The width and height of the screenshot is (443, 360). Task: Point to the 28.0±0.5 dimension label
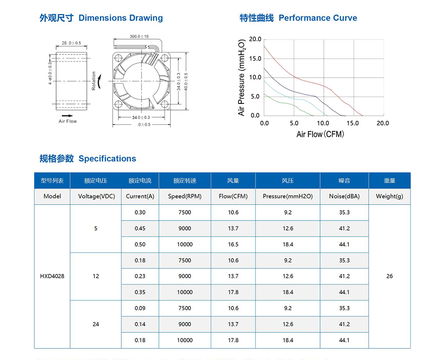71,43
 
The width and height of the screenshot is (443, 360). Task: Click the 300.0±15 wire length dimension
139,37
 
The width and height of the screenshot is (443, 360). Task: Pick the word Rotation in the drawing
94,81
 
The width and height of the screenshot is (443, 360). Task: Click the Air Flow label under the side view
68,121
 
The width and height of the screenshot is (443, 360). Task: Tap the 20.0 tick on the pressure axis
255,39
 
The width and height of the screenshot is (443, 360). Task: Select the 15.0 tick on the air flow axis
353,123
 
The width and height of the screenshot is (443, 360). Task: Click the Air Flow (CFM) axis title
320,134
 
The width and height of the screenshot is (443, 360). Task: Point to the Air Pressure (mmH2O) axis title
242,78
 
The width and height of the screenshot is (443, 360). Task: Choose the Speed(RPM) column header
185,196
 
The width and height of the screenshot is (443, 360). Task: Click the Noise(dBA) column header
344,196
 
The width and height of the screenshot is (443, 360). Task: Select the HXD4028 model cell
52,276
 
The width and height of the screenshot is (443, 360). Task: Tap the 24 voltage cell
96,324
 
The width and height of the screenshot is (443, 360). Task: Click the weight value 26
389,276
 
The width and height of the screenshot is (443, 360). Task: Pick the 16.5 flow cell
233,245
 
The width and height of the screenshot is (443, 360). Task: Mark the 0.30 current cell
140,212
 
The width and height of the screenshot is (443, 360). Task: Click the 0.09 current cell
140,308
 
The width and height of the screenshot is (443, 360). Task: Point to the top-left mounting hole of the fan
119,58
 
